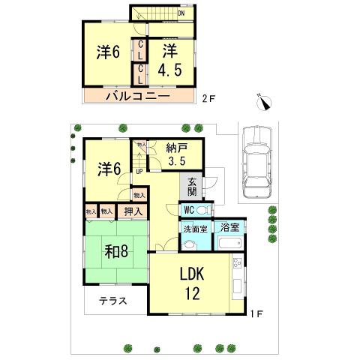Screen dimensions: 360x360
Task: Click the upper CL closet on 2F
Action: (x=139, y=50)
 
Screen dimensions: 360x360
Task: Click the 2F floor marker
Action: (x=208, y=97)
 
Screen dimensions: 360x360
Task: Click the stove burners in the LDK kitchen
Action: (x=238, y=264)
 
